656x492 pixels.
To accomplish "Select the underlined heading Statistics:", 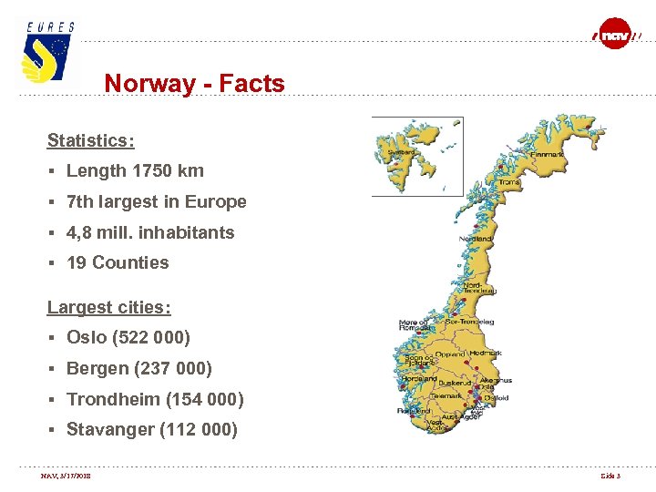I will coord(90,140).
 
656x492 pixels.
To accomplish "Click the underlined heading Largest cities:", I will coord(108,307).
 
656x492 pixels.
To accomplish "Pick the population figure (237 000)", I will coord(172,369).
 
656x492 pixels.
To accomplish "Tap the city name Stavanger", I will coord(110,430).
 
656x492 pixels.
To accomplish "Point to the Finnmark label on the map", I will coord(547,155).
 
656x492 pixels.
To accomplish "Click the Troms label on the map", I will coord(509,182).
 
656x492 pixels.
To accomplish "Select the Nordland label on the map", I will coord(476,239).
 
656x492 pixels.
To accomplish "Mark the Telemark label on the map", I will coord(446,395).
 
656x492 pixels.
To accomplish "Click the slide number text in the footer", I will coord(610,476).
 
